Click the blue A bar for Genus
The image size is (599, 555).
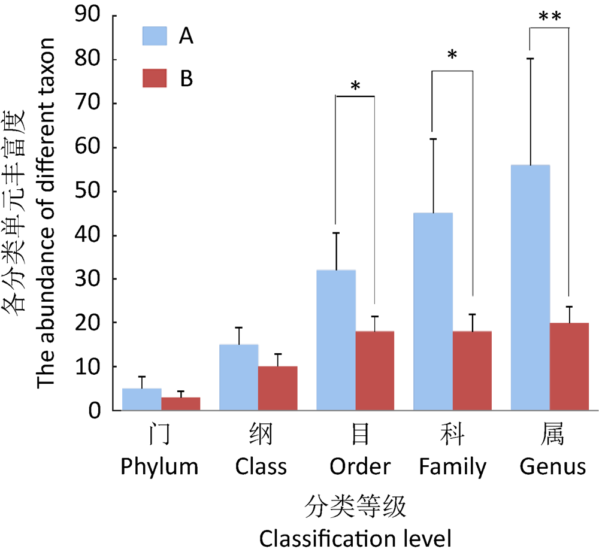pyautogui.click(x=530, y=287)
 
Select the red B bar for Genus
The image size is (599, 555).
pyautogui.click(x=569, y=366)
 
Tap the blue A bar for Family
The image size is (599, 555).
pyautogui.click(x=433, y=311)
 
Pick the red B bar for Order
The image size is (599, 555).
pyautogui.click(x=374, y=371)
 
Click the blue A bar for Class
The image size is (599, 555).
pyautogui.click(x=238, y=377)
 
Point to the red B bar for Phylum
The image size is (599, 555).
pyautogui.click(x=180, y=404)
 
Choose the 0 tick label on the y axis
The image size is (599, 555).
pyautogui.click(x=94, y=411)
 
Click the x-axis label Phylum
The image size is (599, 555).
pyautogui.click(x=159, y=466)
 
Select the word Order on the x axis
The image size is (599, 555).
pyautogui.click(x=360, y=466)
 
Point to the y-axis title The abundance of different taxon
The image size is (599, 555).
pyautogui.click(x=47, y=213)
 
